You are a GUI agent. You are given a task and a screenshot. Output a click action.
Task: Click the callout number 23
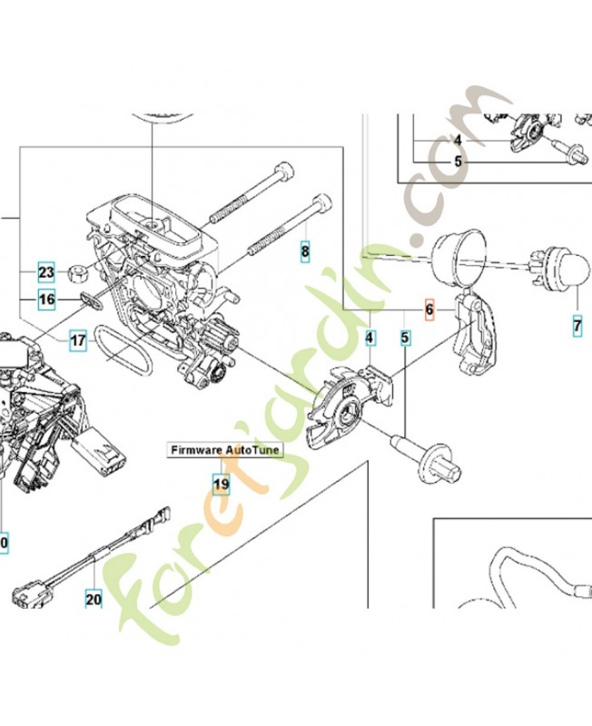[47, 271]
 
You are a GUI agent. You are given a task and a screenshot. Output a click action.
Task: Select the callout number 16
[47, 299]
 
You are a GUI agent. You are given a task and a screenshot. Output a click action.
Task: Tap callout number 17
[78, 341]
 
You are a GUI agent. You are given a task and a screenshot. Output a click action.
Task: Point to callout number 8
[305, 250]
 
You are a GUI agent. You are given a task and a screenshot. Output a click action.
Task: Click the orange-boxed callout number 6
[430, 310]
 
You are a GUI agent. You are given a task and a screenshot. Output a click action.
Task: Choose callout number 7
[577, 324]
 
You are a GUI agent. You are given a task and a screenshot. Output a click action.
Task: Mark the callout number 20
[94, 598]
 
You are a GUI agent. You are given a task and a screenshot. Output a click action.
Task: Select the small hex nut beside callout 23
[78, 270]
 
